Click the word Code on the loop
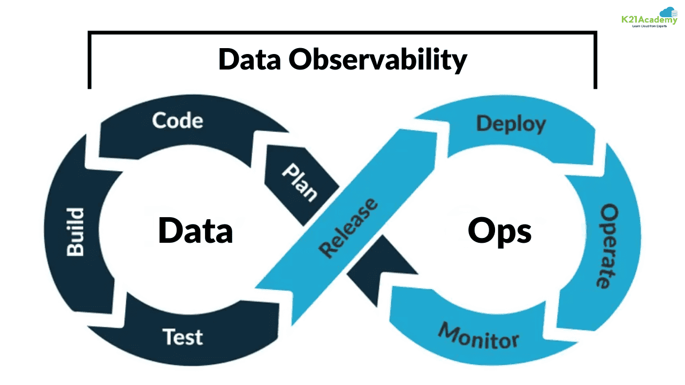click(x=178, y=120)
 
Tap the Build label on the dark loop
click(x=75, y=232)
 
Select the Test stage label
click(x=182, y=337)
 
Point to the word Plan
click(x=300, y=182)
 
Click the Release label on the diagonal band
click(x=348, y=227)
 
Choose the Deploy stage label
click(x=511, y=124)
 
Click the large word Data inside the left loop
click(x=195, y=230)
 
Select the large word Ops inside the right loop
click(x=500, y=231)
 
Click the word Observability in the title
click(x=378, y=59)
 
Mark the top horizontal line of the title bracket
click(x=342, y=33)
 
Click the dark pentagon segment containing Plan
click(x=298, y=184)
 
